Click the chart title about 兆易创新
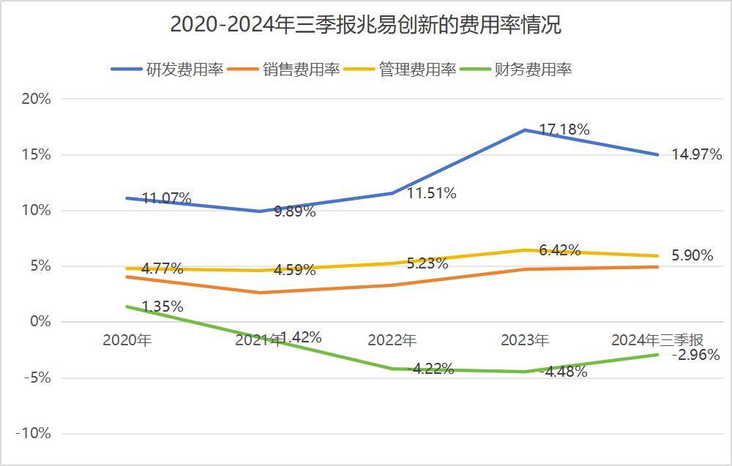pyautogui.click(x=365, y=25)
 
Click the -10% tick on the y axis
pyautogui.click(x=33, y=433)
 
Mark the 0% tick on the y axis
pyautogui.click(x=40, y=322)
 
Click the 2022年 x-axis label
pyautogui.click(x=392, y=340)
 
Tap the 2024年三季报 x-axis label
pyautogui.click(x=657, y=340)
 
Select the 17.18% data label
pyautogui.click(x=564, y=129)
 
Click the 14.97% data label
pyautogui.click(x=697, y=154)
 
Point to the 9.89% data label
pyautogui.click(x=294, y=212)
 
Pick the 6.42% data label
pyautogui.click(x=559, y=250)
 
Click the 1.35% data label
pyautogui.click(x=162, y=307)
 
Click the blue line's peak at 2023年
pyautogui.click(x=525, y=130)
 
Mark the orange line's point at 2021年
pyautogui.click(x=260, y=293)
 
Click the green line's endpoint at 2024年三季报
pyautogui.click(x=657, y=355)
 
